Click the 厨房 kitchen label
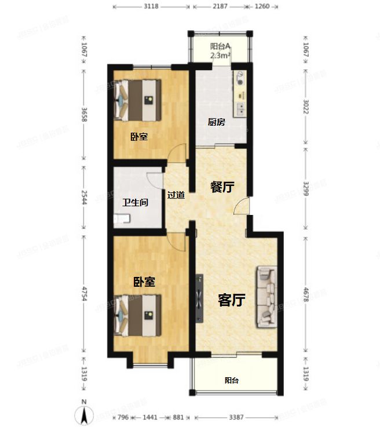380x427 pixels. coord(217,122)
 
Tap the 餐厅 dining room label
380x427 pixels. coord(222,187)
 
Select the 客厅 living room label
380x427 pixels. coord(231,300)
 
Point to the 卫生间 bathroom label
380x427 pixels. coord(135,202)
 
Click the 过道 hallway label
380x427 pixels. coord(176,195)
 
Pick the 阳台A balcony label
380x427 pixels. coord(220,46)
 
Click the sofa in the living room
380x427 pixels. coord(267,297)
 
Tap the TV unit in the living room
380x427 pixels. coord(199,298)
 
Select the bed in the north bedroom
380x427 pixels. coord(138,100)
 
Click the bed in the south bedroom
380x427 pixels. coord(138,315)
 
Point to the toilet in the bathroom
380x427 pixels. coord(122,218)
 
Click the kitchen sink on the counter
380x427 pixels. coord(240,109)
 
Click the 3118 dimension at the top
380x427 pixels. coord(151,6)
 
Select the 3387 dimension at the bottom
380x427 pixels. coord(236,417)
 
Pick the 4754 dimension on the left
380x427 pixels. coord(85,294)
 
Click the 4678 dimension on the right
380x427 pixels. coord(306,294)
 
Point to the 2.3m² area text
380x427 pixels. coord(221,55)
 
